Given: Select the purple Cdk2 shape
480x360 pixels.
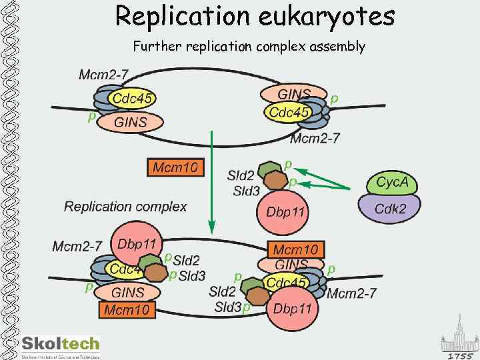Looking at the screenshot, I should tap(390, 208).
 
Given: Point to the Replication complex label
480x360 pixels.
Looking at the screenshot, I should tap(125, 207).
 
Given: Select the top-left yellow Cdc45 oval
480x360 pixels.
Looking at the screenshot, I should tap(133, 99).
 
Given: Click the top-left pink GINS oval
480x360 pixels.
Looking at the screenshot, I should tap(130, 122).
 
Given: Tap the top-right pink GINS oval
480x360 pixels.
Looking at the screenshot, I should tap(294, 94).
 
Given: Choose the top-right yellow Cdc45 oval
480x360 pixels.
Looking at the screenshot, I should tap(289, 113).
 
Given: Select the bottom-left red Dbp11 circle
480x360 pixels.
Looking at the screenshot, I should tap(137, 245).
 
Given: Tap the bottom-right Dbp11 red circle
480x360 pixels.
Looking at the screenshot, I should tap(292, 309).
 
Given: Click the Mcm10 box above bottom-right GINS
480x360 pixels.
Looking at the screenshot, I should tap(295, 249).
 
